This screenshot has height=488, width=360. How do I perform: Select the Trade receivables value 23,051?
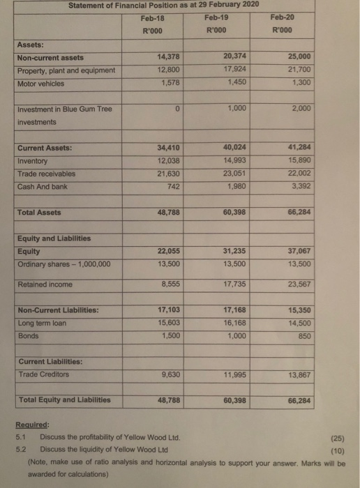point(238,173)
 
